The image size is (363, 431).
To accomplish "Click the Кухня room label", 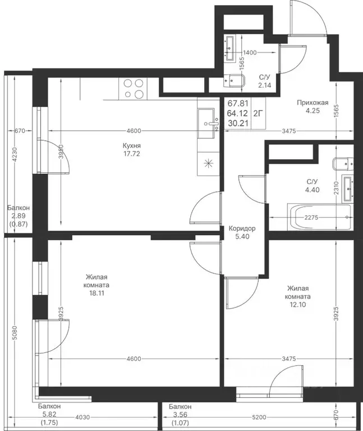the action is pyautogui.click(x=132, y=146).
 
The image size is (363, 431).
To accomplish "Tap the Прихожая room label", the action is pyautogui.click(x=313, y=103).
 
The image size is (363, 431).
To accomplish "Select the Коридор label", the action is pyautogui.click(x=242, y=228).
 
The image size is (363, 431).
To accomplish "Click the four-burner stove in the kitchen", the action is pyautogui.click(x=134, y=89).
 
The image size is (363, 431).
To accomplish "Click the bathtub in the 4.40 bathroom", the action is pyautogui.click(x=319, y=217).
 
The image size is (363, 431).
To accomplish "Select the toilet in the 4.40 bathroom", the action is pyautogui.click(x=343, y=164).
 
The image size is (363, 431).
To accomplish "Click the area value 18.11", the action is pyautogui.click(x=97, y=293).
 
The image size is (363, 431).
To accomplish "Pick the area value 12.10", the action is pyautogui.click(x=298, y=305).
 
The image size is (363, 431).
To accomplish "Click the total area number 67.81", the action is pyautogui.click(x=238, y=104).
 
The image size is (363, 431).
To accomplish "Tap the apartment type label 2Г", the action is pyautogui.click(x=258, y=113).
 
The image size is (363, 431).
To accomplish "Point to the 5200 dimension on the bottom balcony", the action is pyautogui.click(x=259, y=418).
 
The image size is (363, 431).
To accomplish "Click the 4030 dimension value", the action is pyautogui.click(x=82, y=418).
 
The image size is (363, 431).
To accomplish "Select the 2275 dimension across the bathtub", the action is pyautogui.click(x=311, y=217).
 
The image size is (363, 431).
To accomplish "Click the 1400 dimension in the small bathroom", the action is pyautogui.click(x=250, y=53).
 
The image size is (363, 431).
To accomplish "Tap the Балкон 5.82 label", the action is pyautogui.click(x=49, y=410).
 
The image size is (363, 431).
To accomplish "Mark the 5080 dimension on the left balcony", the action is pyautogui.click(x=15, y=333).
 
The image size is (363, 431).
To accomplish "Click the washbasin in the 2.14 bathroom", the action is pyautogui.click(x=229, y=48).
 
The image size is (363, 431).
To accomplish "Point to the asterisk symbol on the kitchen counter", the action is pyautogui.click(x=208, y=164).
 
